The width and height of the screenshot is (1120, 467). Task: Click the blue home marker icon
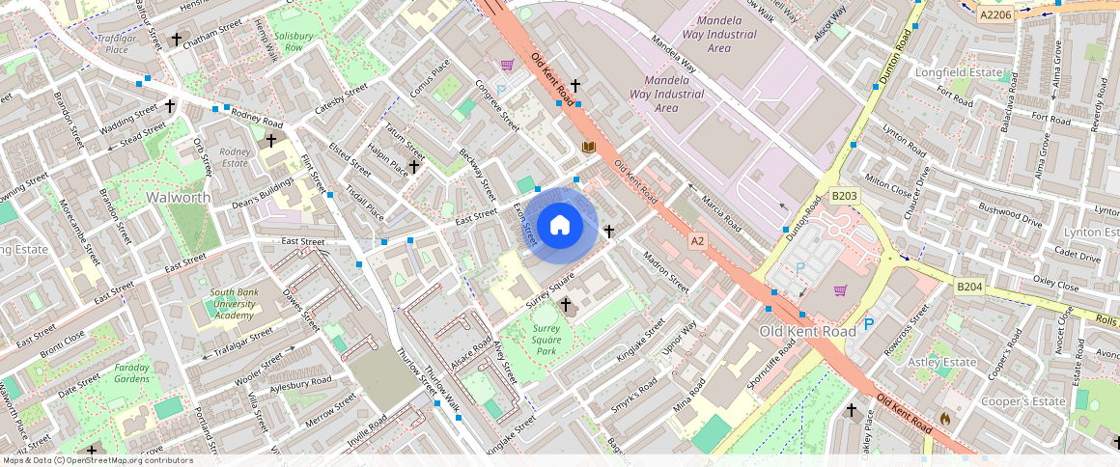pyautogui.click(x=560, y=226)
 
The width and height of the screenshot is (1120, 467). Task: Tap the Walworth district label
pyautogui.click(x=178, y=197)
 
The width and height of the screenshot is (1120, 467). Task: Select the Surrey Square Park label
pyautogui.click(x=546, y=340)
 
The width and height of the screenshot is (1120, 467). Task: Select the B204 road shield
pyautogui.click(x=968, y=287)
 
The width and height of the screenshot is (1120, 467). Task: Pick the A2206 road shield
pyautogui.click(x=994, y=14)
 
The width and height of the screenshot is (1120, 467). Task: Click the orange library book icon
pyautogui.click(x=588, y=147)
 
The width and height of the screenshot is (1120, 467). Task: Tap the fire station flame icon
pyautogui.click(x=945, y=419)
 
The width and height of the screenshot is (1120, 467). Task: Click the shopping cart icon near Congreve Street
pyautogui.click(x=507, y=66)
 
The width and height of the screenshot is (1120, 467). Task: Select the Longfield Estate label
pyautogui.click(x=961, y=72)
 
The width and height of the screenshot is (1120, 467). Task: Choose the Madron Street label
pyautogui.click(x=666, y=273)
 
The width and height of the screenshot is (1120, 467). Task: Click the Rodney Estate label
pyautogui.click(x=235, y=157)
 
